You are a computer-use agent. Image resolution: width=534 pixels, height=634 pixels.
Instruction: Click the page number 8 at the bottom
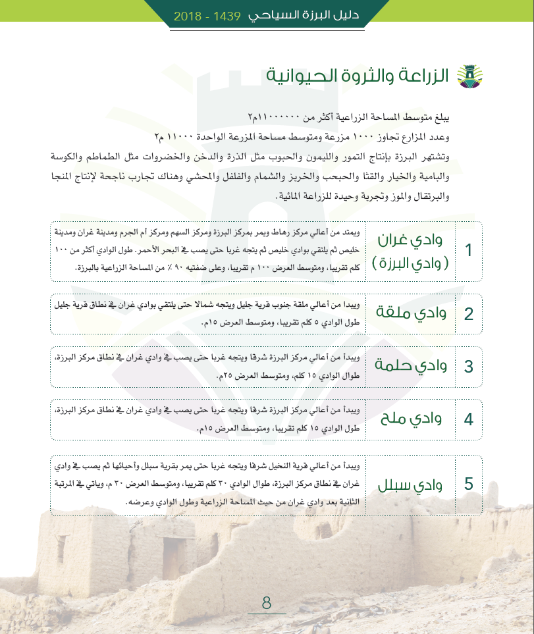[267, 602]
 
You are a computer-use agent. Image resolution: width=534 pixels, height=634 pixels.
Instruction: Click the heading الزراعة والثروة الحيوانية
[358, 76]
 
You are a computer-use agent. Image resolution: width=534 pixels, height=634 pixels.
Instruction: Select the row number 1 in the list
[468, 251]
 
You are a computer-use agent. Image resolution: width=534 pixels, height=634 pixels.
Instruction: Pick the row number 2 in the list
[468, 313]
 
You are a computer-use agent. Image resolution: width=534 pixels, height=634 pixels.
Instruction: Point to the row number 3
[468, 366]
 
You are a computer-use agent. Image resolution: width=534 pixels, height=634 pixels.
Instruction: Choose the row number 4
[468, 419]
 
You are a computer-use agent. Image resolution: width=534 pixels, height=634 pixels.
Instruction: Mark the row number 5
[468, 484]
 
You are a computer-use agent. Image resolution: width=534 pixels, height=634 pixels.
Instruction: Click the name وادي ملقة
[411, 312]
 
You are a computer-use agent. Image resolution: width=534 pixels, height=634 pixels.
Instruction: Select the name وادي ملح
[411, 418]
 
